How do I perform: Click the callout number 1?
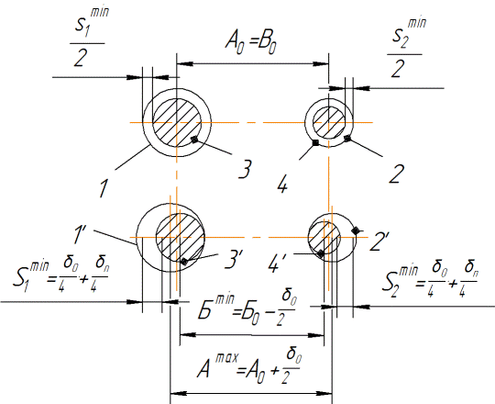[x=103, y=188]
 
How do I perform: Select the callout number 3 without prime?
[x=245, y=169]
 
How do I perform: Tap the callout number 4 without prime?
[x=282, y=184]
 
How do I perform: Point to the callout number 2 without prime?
[x=397, y=174]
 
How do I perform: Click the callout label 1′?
[x=79, y=234]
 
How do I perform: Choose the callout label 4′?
[x=277, y=263]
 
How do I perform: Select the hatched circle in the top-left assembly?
[x=177, y=122]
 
